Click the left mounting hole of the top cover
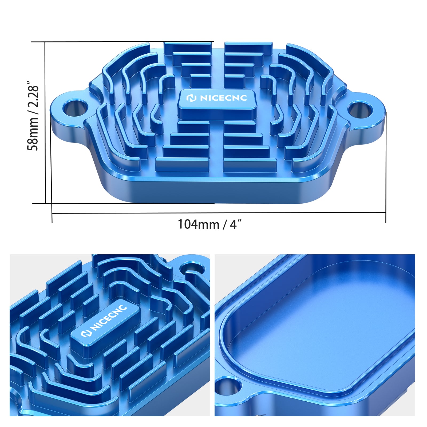(x=76, y=108)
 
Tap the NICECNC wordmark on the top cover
(x=223, y=98)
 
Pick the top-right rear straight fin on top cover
(x=248, y=47)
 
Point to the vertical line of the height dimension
(x=45, y=123)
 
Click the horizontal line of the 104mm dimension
(x=219, y=213)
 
